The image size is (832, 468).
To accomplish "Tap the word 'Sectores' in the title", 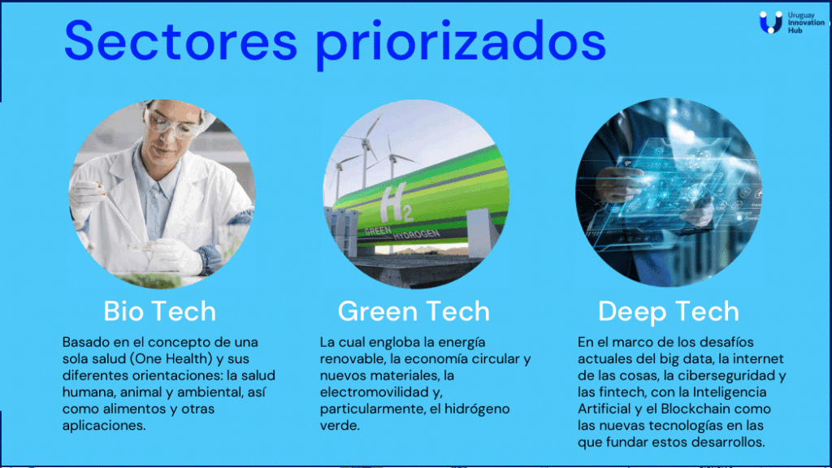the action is (x=180, y=41).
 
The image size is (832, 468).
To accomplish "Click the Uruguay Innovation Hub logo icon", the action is (x=770, y=22).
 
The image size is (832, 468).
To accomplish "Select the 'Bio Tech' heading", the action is (x=160, y=311).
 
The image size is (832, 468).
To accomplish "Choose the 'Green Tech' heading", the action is (x=414, y=311).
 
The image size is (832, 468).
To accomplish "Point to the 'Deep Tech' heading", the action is (x=669, y=312).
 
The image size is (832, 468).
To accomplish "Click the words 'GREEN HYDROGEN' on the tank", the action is (x=402, y=232).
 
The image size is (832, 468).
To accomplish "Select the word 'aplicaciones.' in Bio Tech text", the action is (x=104, y=426).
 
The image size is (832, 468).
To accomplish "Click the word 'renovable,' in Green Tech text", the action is (x=352, y=359).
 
